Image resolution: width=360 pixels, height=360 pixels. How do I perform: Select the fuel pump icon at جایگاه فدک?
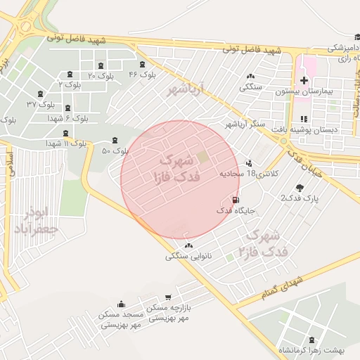click(x=235, y=200)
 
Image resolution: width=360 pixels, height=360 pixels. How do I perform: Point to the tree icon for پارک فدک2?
click(x=300, y=188)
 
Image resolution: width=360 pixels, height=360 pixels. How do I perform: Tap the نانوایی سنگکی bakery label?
click(x=188, y=256)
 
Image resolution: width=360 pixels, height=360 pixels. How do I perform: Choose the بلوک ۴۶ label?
click(x=142, y=74)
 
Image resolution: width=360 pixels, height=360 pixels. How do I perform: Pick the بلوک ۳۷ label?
click(x=41, y=104)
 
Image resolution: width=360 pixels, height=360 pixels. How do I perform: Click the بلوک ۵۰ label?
click(x=115, y=150)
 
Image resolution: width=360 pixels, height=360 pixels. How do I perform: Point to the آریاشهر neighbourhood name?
click(x=186, y=91)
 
